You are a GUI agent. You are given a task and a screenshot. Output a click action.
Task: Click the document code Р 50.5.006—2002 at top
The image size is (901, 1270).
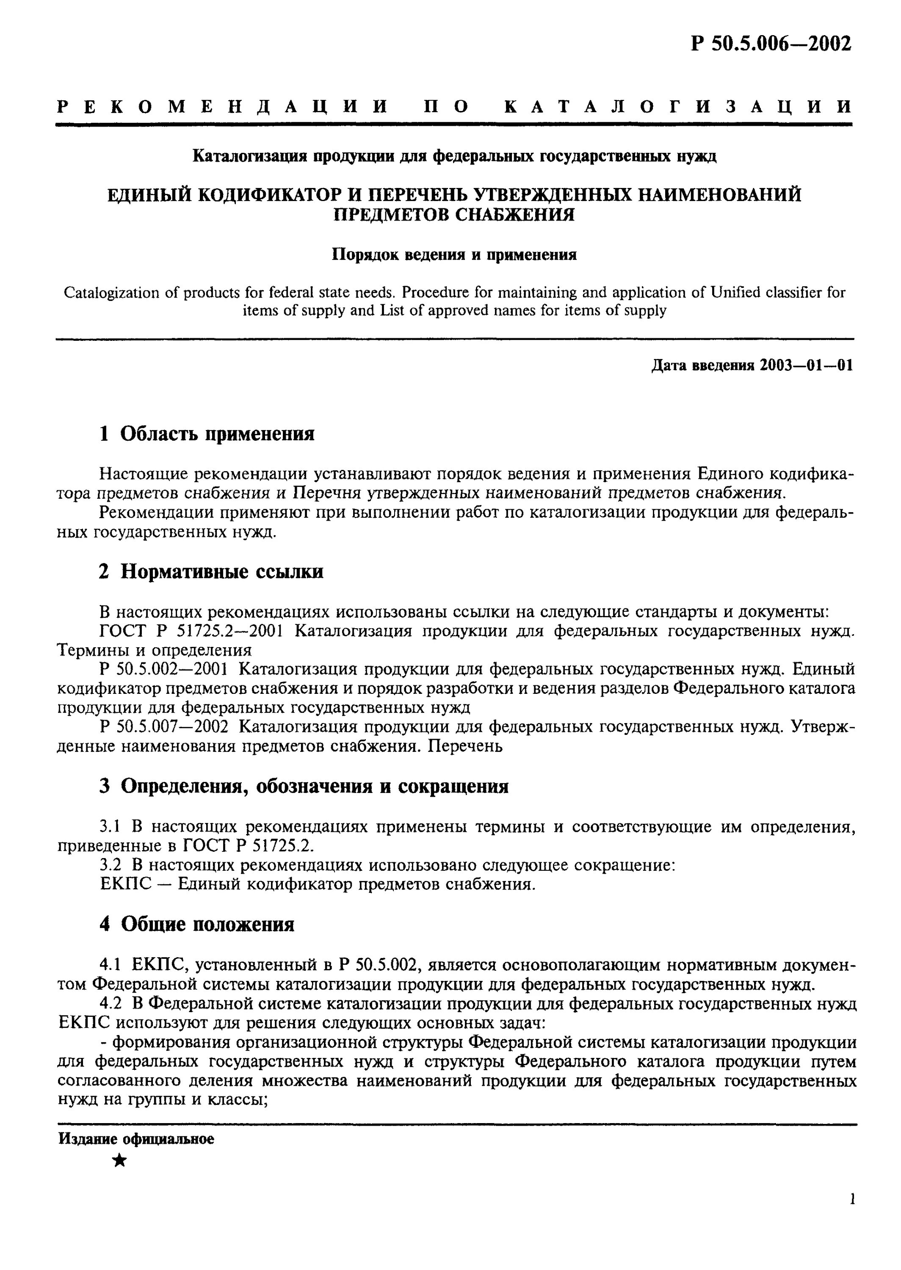[x=771, y=43]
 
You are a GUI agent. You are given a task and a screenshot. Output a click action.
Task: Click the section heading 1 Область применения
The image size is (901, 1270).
[x=206, y=433]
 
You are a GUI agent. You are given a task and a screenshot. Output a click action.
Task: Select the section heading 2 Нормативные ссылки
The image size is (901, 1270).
[x=211, y=571]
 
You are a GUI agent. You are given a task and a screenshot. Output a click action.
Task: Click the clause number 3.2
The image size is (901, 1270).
[x=111, y=864]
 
